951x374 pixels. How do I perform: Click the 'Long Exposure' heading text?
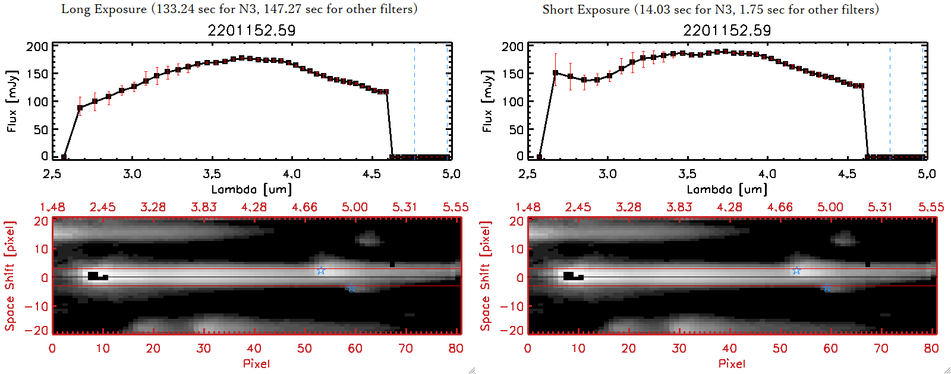(104, 9)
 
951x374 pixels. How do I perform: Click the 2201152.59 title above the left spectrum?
(251, 30)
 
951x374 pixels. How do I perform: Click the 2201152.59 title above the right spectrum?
(727, 30)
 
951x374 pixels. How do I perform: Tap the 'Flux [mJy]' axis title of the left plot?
(12, 101)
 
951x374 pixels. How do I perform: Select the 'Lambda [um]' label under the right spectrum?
(727, 189)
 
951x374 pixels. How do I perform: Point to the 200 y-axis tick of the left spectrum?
(37, 47)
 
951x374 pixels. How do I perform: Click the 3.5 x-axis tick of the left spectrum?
(212, 174)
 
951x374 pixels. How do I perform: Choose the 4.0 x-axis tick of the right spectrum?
(767, 174)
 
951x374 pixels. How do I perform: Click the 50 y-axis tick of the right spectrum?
(516, 129)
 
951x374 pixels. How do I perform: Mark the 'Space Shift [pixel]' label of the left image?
(10, 276)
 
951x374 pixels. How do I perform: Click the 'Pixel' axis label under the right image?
(732, 363)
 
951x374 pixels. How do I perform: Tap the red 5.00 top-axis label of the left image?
(354, 207)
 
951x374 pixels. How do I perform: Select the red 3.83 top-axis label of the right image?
(679, 207)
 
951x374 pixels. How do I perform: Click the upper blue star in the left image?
(321, 271)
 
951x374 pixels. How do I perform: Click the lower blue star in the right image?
(827, 288)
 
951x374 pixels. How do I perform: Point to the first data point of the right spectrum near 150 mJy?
(556, 73)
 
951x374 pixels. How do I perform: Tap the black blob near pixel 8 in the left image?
(93, 275)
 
